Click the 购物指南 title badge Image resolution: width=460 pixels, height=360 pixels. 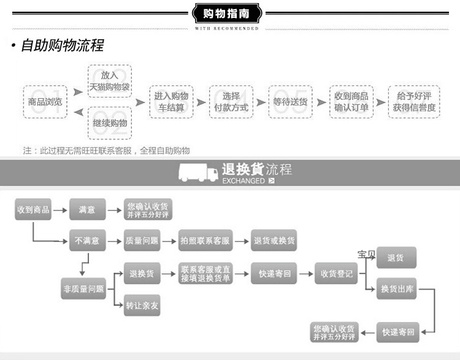[226, 13]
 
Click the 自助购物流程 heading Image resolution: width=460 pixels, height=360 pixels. [61, 45]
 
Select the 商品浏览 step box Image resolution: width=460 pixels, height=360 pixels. [45, 102]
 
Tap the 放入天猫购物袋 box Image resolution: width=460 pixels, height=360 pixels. [110, 81]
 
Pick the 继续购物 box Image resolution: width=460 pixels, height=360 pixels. [110, 123]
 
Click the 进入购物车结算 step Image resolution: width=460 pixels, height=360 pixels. [171, 102]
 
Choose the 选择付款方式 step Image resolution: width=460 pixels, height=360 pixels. [231, 102]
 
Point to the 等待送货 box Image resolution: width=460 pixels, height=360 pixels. [291, 102]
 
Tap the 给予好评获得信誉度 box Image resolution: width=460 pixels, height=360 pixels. [414, 102]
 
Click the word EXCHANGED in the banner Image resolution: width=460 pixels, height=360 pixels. [243, 181]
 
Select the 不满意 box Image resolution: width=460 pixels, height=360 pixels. [87, 241]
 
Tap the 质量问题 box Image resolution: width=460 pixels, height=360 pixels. [142, 241]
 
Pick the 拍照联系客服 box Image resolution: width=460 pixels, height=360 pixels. [205, 241]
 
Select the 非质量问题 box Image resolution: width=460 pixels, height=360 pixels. [83, 288]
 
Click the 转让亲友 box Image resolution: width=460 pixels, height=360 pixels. [142, 305]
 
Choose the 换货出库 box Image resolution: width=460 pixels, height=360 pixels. [397, 289]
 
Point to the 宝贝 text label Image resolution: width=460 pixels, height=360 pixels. [366, 254]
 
